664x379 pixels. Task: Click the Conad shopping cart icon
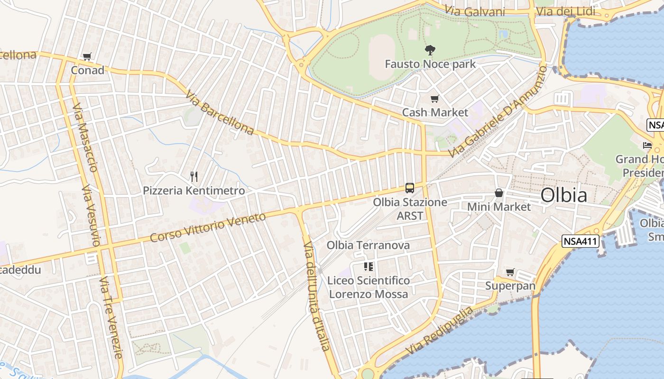[87, 57]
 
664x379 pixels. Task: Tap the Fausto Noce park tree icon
[430, 49]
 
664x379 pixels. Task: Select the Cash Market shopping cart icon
[434, 99]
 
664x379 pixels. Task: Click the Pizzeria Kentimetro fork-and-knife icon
[194, 177]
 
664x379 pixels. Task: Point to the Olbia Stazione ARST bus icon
[410, 188]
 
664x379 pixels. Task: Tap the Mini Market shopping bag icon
[499, 193]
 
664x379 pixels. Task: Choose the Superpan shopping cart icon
[510, 272]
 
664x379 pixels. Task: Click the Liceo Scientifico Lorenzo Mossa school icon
[368, 267]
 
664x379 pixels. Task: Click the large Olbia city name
[564, 195]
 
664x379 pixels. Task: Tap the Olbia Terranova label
[368, 245]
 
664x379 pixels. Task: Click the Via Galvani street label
[474, 11]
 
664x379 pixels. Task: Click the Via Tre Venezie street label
[111, 317]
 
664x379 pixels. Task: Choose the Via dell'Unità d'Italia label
[316, 296]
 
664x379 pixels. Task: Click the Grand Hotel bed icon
[647, 145]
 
